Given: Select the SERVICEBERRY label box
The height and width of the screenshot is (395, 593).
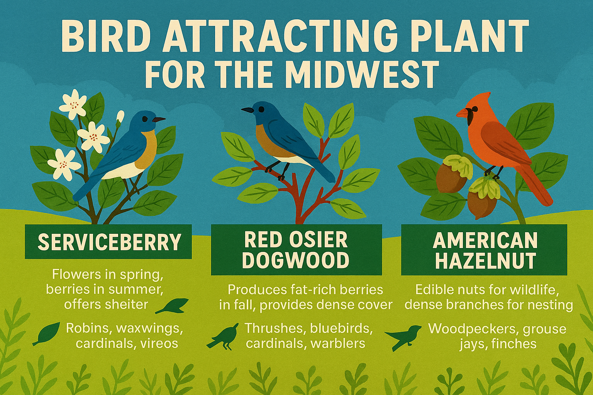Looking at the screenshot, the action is pos(108,241).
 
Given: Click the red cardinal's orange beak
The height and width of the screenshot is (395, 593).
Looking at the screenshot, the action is pos(463,113).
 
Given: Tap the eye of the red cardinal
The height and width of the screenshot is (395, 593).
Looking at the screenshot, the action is pos(475,109).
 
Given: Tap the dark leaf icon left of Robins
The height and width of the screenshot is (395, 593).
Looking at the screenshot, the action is pos(47,334).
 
